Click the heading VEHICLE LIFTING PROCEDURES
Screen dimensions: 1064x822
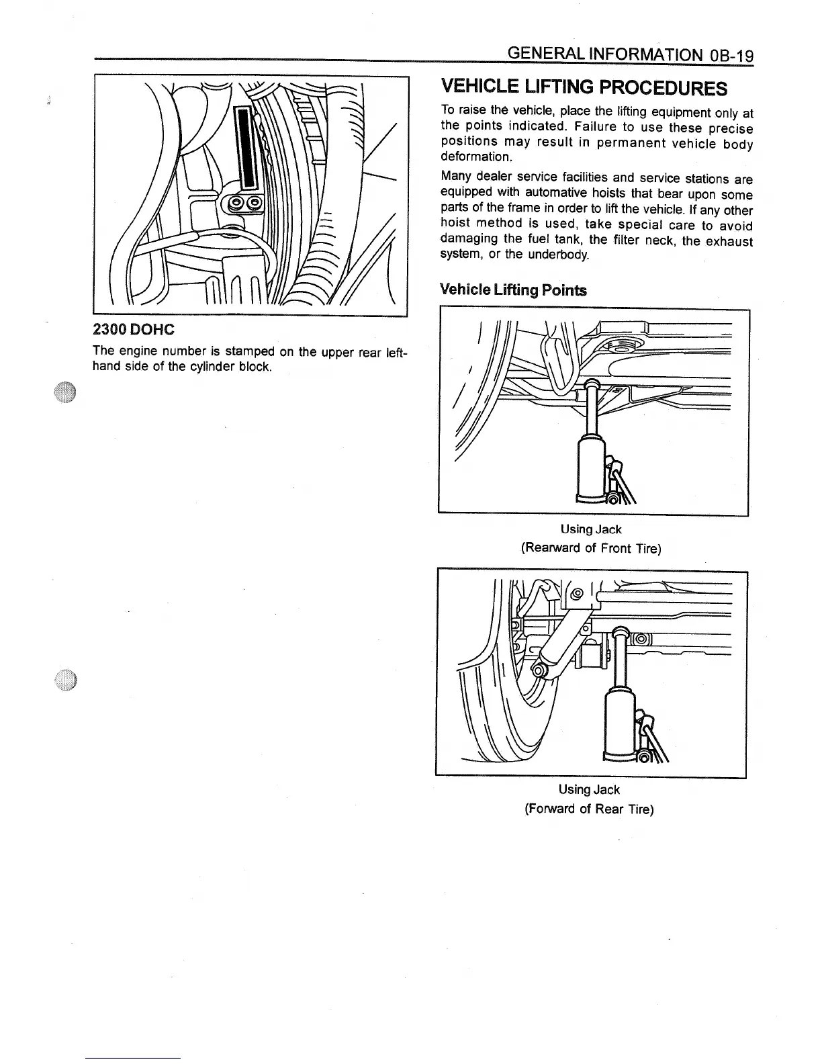(584, 87)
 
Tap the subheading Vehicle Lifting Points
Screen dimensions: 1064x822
(512, 290)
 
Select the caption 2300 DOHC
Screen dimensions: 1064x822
(133, 330)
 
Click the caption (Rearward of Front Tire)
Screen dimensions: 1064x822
(591, 548)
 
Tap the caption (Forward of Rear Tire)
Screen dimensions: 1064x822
(588, 809)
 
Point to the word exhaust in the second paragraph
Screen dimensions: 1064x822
(729, 240)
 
